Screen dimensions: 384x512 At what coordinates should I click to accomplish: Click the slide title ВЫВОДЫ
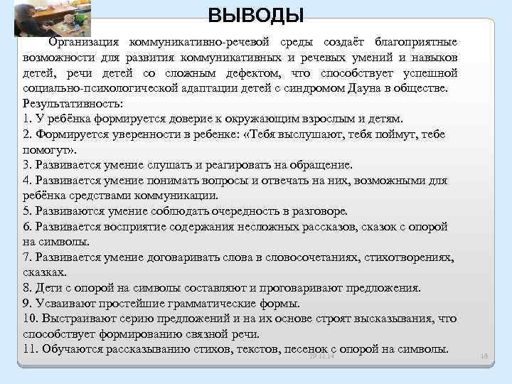click(256, 14)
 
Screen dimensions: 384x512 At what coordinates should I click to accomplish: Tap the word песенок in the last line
click(306, 349)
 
